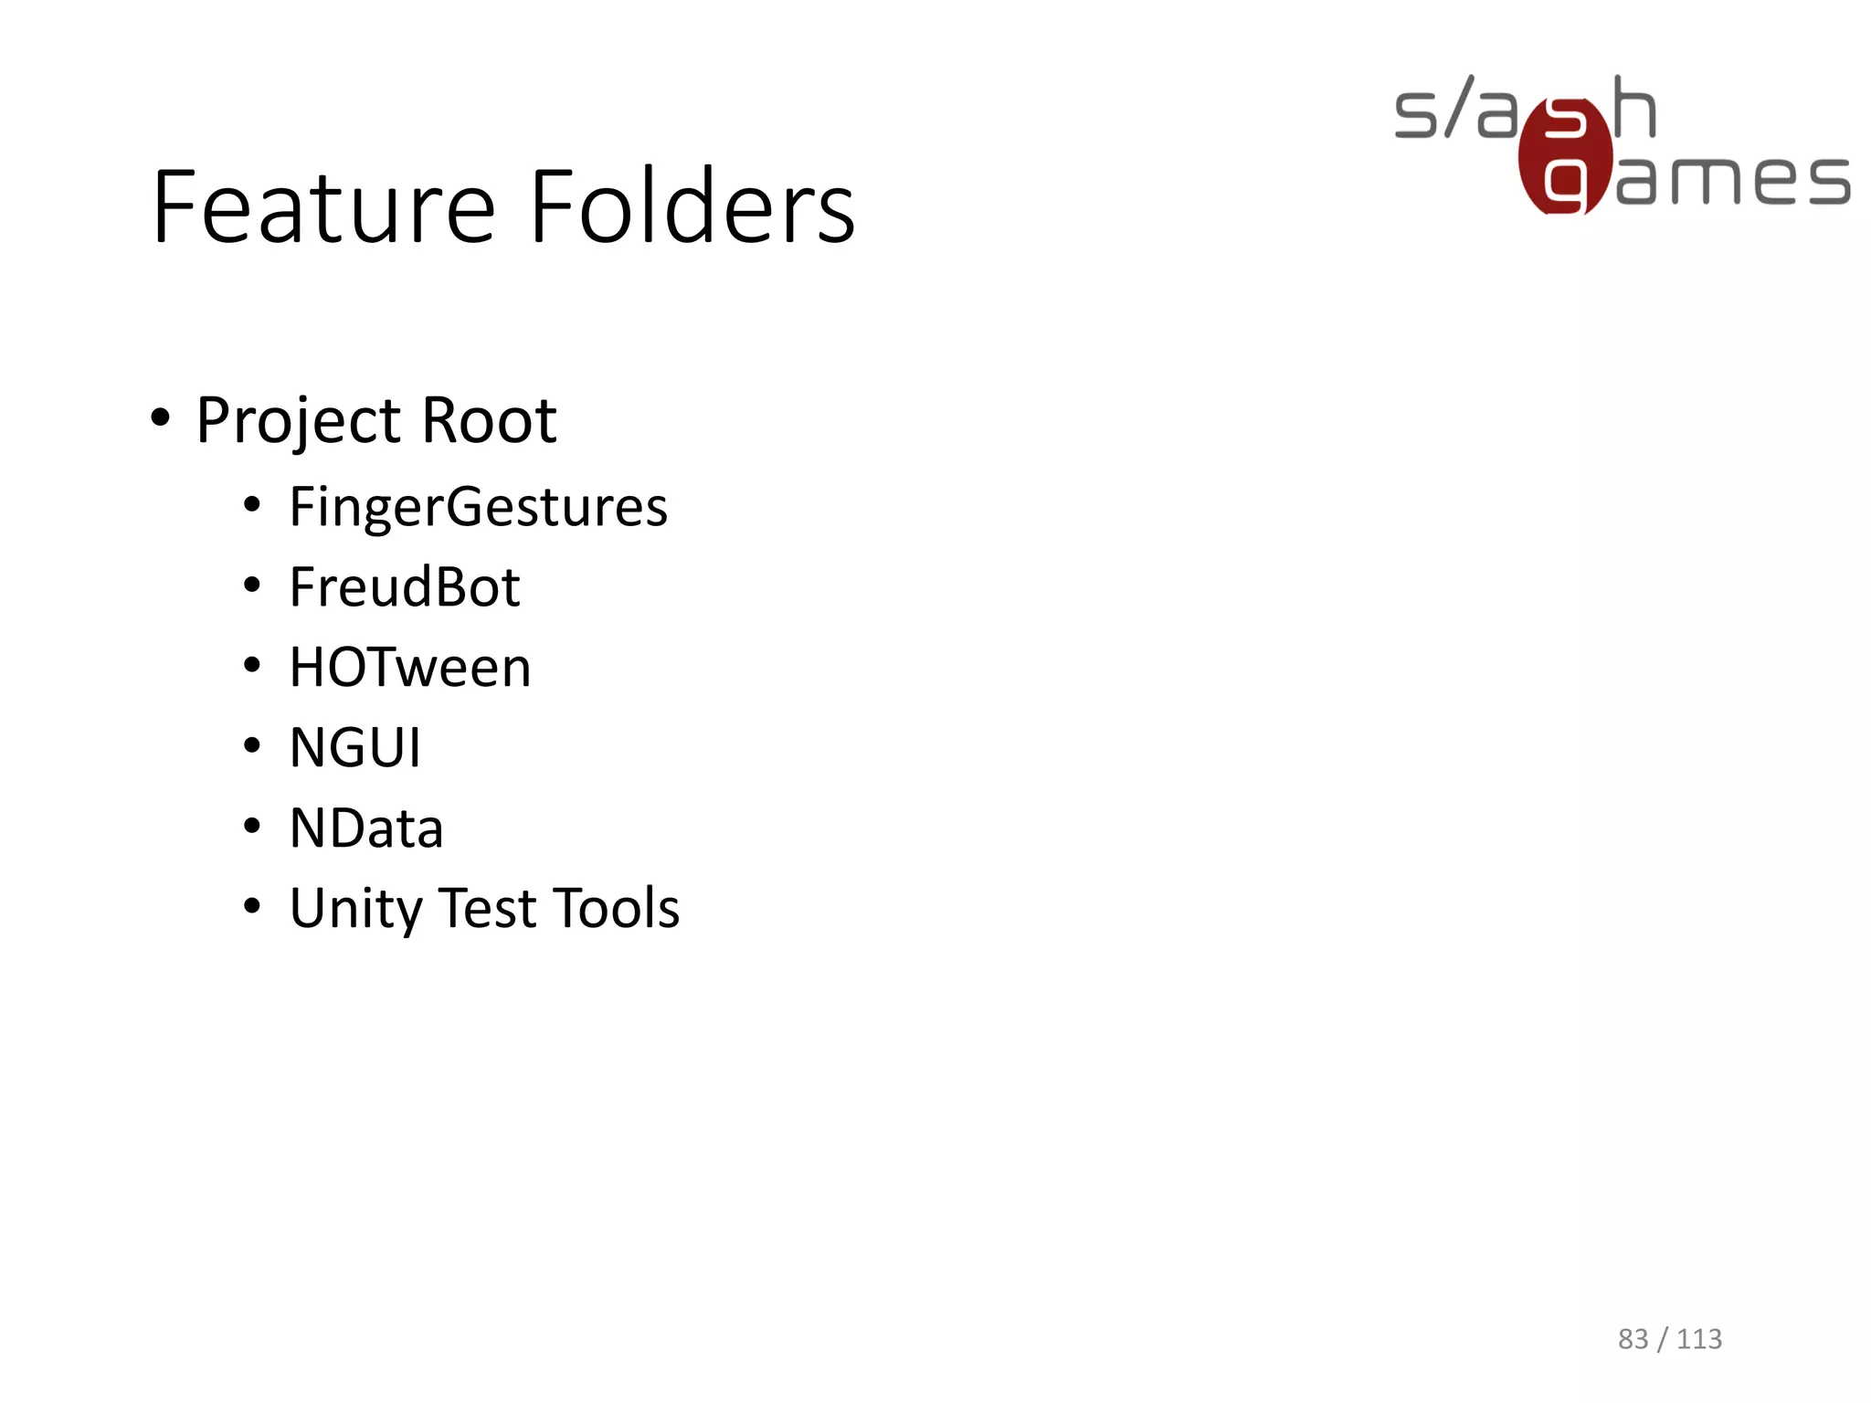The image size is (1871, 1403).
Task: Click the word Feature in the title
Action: click(x=324, y=208)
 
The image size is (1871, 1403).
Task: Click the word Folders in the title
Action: click(x=692, y=208)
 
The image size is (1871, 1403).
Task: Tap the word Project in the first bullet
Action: click(x=299, y=422)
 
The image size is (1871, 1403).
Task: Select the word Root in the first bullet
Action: click(x=489, y=422)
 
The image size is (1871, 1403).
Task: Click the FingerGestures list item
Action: click(x=478, y=508)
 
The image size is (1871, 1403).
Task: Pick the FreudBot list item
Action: click(x=404, y=587)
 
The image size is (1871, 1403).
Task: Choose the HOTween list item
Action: click(x=409, y=668)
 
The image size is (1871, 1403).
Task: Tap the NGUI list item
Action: click(x=354, y=748)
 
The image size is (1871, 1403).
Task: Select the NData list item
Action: click(x=365, y=828)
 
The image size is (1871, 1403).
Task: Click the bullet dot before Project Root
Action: click(x=160, y=418)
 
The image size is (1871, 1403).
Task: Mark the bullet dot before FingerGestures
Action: click(x=252, y=504)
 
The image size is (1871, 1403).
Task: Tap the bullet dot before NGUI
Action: click(x=252, y=745)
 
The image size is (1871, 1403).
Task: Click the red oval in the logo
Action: click(x=1564, y=155)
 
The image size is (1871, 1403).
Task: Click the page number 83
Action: click(x=1633, y=1339)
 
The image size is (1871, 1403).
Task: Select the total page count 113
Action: click(x=1699, y=1339)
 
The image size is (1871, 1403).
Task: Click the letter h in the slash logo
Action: click(x=1634, y=108)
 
